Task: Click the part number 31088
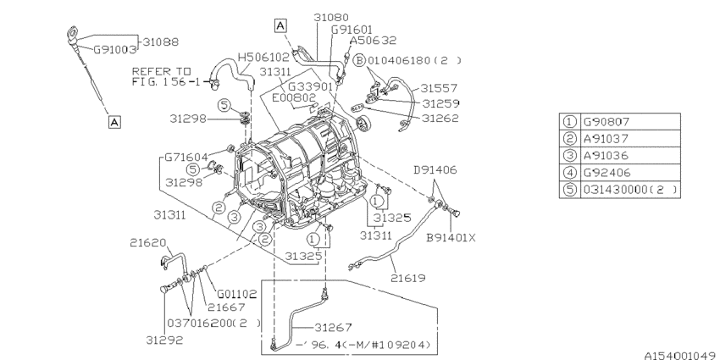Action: pyautogui.click(x=160, y=41)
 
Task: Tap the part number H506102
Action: pyautogui.click(x=264, y=58)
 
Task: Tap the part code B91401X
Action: pyautogui.click(x=451, y=237)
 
